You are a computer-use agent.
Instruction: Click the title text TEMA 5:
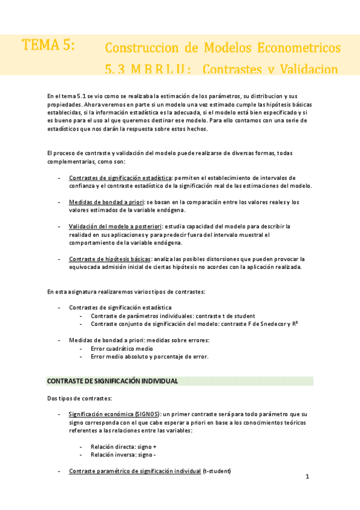pyautogui.click(x=48, y=46)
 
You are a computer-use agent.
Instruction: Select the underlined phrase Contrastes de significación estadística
pyautogui.click(x=120, y=178)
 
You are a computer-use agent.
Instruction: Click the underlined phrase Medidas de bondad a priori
pyautogui.click(x=109, y=202)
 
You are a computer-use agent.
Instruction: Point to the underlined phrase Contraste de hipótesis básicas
pyautogui.click(x=111, y=259)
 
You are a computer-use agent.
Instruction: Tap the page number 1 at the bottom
pyautogui.click(x=307, y=478)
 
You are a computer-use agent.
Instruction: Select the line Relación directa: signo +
pyautogui.click(x=123, y=447)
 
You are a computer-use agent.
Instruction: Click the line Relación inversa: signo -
pyautogui.click(x=123, y=455)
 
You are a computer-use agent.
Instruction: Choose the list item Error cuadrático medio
pyautogui.click(x=121, y=348)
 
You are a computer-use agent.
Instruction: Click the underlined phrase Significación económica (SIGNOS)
pyautogui.click(x=114, y=414)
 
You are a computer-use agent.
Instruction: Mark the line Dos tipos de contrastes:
pyautogui.click(x=79, y=398)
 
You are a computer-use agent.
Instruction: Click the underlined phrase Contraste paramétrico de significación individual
pyautogui.click(x=135, y=471)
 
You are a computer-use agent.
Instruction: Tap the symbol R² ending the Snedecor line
pyautogui.click(x=295, y=324)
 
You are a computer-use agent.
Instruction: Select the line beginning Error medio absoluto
pyautogui.click(x=150, y=356)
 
